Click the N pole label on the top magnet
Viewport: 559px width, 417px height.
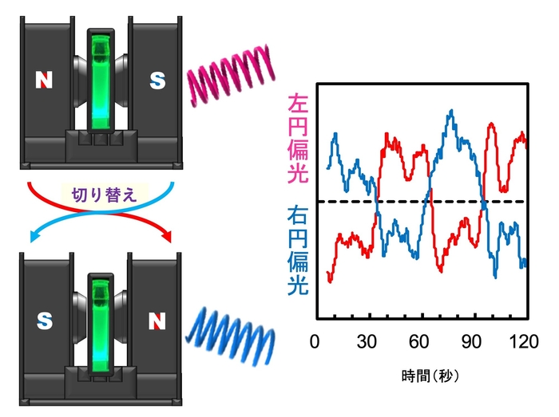[x=44, y=80]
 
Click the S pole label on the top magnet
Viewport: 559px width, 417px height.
[x=157, y=81]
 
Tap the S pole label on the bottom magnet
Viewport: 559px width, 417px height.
[x=45, y=321]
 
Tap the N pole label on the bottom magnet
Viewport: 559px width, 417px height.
[x=157, y=321]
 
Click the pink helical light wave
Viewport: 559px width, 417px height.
[x=231, y=76]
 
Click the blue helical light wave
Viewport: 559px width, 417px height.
[x=231, y=336]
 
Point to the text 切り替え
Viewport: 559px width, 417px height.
[x=104, y=195]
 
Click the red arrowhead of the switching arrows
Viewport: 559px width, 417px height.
[x=167, y=236]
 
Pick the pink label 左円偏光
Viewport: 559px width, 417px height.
[x=298, y=138]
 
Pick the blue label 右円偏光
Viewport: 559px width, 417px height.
[x=298, y=250]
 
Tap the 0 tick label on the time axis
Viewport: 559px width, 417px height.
[x=315, y=341]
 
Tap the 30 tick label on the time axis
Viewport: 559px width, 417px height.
[x=367, y=341]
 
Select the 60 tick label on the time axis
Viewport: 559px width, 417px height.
[x=419, y=341]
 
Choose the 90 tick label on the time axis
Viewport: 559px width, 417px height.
[x=471, y=341]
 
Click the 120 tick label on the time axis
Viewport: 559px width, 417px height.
[x=524, y=341]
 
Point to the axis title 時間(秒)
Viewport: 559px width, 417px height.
[x=430, y=376]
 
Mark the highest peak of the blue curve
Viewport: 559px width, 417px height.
[x=452, y=111]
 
